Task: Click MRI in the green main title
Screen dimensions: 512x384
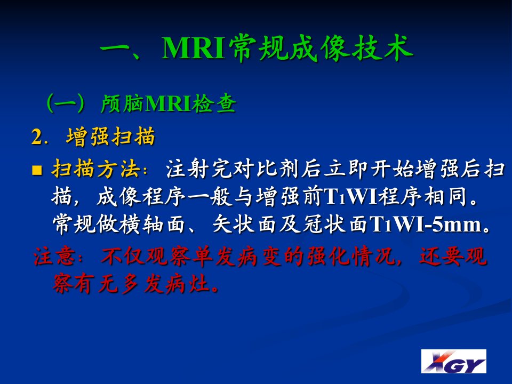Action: (194, 49)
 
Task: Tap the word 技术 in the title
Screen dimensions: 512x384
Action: (382, 48)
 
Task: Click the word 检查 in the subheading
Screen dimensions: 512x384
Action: (214, 104)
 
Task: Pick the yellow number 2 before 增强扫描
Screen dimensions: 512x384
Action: (37, 137)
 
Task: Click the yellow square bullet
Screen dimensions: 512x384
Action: (37, 170)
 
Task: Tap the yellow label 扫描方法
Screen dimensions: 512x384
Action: (95, 169)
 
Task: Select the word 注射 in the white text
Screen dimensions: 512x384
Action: (187, 169)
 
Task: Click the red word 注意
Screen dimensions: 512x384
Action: (54, 256)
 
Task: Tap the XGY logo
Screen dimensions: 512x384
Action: (453, 361)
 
